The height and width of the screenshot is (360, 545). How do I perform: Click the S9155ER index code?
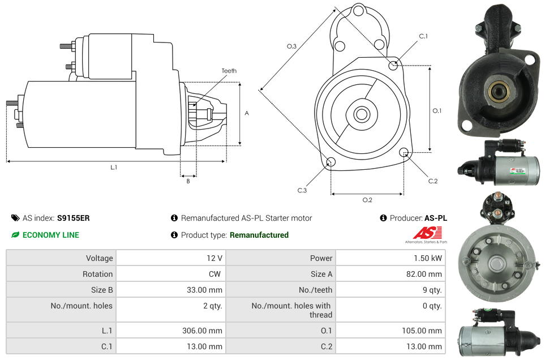tap(73, 218)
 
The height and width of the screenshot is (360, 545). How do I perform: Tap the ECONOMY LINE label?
tap(50, 235)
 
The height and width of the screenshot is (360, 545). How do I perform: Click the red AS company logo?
tap(426, 233)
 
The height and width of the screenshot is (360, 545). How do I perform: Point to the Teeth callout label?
tap(229, 71)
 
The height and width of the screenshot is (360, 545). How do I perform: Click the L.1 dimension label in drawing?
tap(114, 167)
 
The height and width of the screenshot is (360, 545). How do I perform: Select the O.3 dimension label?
tap(291, 46)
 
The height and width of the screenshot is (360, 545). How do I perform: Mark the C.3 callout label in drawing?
tap(302, 190)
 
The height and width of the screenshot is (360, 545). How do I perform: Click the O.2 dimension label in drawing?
tap(367, 199)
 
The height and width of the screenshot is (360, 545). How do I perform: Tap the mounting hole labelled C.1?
tap(393, 66)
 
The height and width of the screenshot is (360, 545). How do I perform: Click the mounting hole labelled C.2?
tap(404, 152)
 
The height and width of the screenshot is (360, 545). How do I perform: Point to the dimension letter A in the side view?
tap(247, 113)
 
